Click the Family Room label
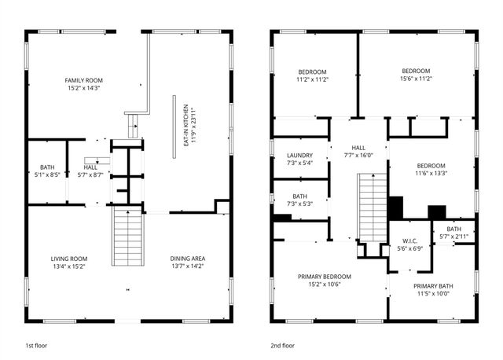click(83, 80)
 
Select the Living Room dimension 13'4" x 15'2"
click(71, 266)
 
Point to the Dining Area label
click(187, 259)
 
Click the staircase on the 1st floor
click(127, 237)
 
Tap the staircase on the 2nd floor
click(372, 207)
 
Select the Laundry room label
click(299, 156)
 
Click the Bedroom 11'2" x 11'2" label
click(312, 75)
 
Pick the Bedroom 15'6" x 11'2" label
click(416, 75)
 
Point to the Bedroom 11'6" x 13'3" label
click(431, 170)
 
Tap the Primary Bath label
click(432, 289)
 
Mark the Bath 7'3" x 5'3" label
click(299, 200)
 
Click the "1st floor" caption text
click(38, 344)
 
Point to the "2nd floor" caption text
click(283, 344)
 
